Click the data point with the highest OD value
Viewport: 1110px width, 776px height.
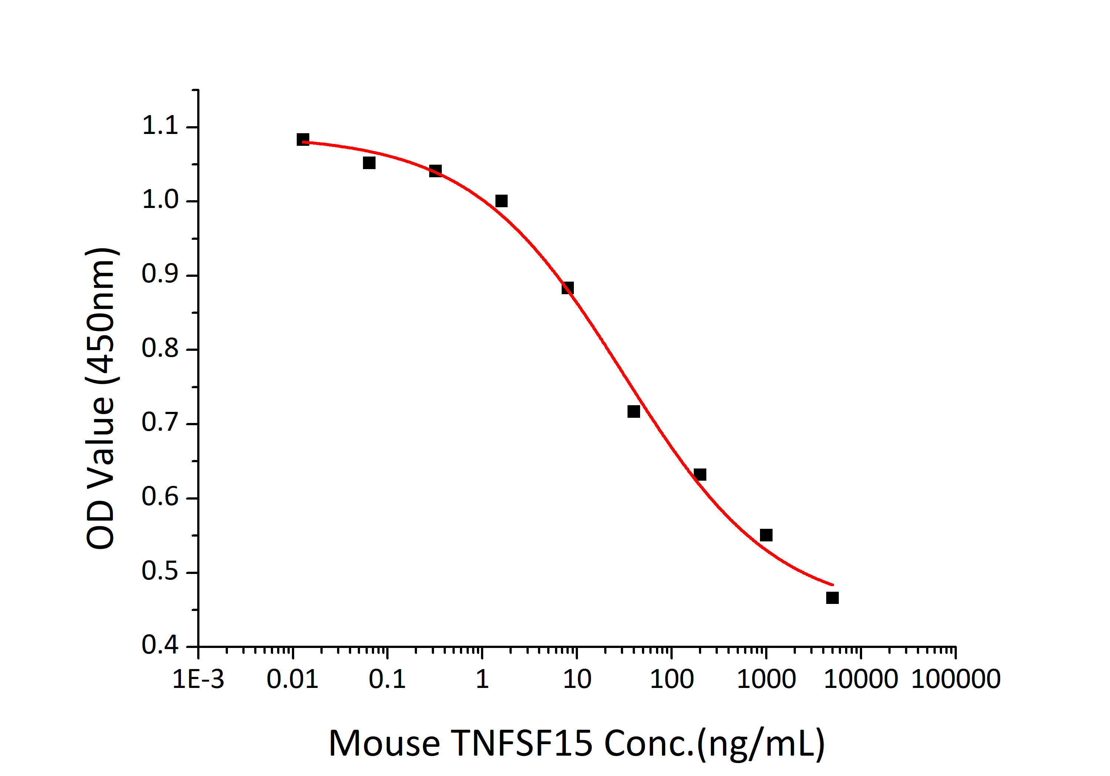coord(303,140)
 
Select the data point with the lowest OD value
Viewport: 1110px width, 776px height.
coord(832,598)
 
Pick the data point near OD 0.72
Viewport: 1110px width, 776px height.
coord(633,411)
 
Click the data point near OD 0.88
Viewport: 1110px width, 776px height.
coord(568,288)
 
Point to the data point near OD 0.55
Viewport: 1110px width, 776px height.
coord(766,535)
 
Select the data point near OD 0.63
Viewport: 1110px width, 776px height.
coord(700,475)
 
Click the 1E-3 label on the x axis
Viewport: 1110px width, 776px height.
coord(198,679)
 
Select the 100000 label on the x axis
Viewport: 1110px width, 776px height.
coord(956,679)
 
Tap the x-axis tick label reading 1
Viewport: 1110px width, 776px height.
coord(482,679)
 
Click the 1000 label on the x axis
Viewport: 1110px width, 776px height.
coord(766,679)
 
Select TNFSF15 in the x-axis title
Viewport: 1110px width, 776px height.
coord(522,743)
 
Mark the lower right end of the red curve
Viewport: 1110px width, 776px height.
coord(832,585)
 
